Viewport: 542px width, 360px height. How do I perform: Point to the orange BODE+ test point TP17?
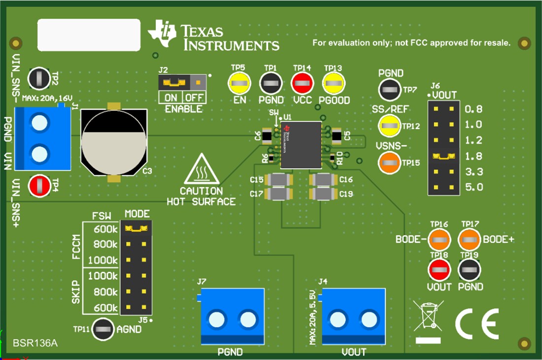click(470, 240)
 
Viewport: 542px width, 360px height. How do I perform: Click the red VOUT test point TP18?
click(439, 270)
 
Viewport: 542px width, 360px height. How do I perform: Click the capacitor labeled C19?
click(324, 194)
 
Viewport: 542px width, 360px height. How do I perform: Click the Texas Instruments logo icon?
click(163, 34)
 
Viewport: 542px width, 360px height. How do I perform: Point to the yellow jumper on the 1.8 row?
click(443, 156)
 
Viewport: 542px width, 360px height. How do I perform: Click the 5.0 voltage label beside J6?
click(473, 187)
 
